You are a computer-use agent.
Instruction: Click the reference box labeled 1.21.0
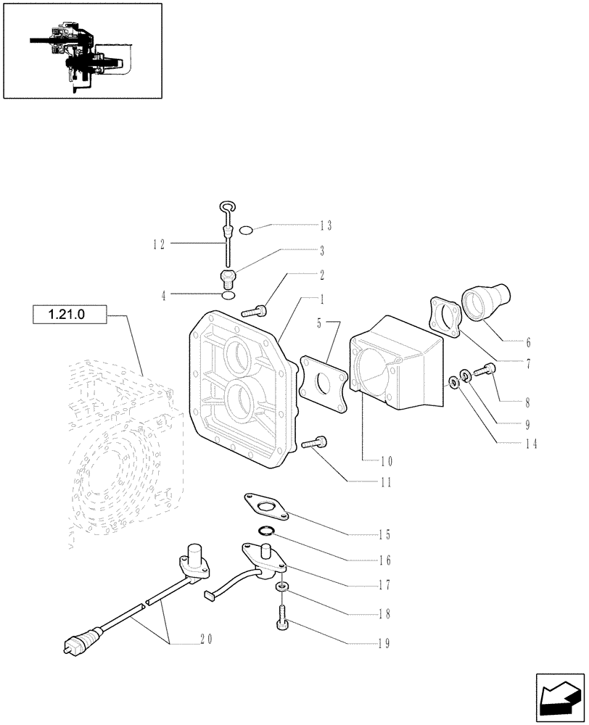coord(70,315)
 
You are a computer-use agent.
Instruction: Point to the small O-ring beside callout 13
coord(247,231)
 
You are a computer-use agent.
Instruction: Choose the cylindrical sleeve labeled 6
coord(485,302)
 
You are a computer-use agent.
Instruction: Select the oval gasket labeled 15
coord(265,506)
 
